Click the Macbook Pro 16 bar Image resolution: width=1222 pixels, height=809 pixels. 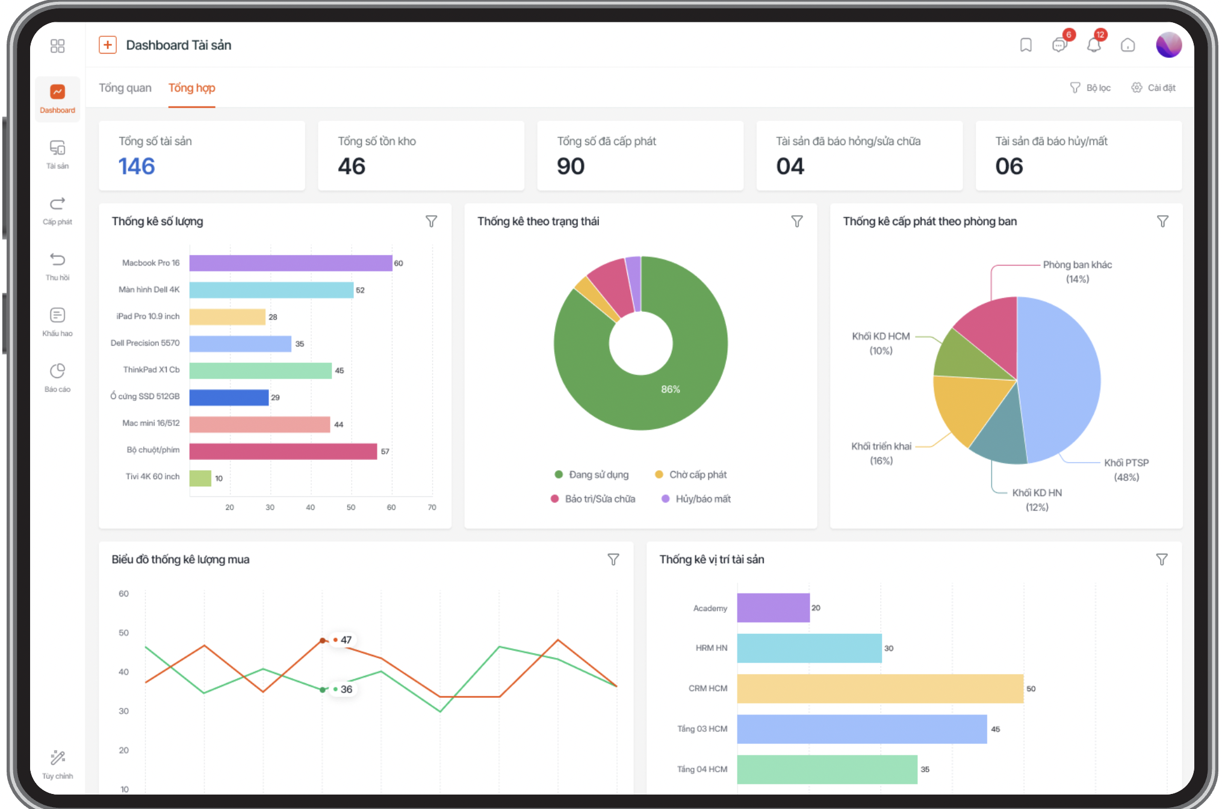[x=291, y=263]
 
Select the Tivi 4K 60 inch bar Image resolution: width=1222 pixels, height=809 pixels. [x=200, y=478]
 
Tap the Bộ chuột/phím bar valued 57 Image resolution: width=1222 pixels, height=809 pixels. [x=284, y=451]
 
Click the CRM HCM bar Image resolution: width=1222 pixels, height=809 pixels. [x=880, y=689]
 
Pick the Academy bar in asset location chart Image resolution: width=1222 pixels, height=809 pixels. [x=774, y=608]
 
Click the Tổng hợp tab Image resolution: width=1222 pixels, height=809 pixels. [x=191, y=88]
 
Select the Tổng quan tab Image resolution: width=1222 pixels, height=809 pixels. [x=125, y=88]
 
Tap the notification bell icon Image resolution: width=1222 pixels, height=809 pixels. [x=1094, y=45]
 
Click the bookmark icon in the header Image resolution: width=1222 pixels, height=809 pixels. [x=1026, y=45]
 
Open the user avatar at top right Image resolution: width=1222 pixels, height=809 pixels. [x=1168, y=45]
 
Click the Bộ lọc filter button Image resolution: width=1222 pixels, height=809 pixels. [x=1090, y=88]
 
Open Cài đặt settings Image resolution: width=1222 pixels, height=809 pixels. [x=1153, y=88]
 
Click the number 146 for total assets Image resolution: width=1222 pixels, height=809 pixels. [x=137, y=166]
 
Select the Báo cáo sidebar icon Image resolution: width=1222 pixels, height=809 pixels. [x=57, y=371]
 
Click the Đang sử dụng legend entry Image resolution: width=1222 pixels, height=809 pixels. [x=592, y=475]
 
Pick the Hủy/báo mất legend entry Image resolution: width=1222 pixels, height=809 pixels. [x=696, y=499]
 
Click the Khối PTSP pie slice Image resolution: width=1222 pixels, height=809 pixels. [x=1059, y=379]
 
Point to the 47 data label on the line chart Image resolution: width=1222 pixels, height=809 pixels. [x=346, y=640]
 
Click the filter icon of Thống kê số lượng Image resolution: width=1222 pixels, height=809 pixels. [x=431, y=222]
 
